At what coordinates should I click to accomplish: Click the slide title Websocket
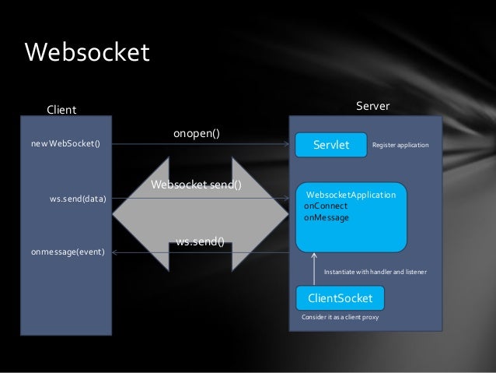pos(86,53)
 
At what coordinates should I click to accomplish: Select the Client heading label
pos(62,110)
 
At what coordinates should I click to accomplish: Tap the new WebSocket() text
pos(66,144)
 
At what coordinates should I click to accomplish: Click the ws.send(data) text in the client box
pos(78,199)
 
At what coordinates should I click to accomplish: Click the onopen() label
pos(196,134)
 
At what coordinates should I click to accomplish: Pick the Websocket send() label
pos(196,185)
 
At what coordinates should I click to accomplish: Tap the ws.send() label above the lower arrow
pos(200,241)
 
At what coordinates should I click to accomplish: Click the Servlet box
pos(330,145)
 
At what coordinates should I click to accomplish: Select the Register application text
pos(400,145)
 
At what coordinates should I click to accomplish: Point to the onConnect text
pos(326,206)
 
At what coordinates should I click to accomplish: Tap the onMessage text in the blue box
pos(327,218)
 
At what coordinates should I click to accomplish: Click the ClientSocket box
pos(340,298)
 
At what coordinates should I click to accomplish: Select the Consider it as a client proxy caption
pos(340,318)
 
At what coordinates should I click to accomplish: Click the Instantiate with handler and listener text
pos(375,272)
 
